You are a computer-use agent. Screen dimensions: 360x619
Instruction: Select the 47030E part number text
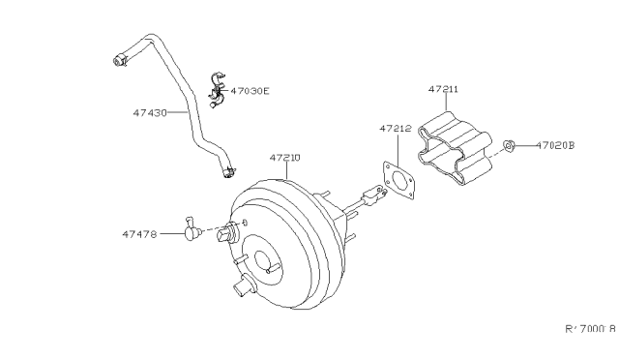(x=250, y=92)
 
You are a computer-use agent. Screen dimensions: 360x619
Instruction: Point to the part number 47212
(x=395, y=127)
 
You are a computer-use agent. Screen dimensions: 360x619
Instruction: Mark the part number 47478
(x=140, y=232)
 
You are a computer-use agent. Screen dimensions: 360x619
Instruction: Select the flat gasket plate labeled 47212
(x=398, y=183)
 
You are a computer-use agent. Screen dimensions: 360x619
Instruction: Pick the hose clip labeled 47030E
(x=215, y=89)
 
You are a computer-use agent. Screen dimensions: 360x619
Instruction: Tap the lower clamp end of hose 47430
(x=227, y=174)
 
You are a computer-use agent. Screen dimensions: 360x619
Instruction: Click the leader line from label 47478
(x=170, y=232)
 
